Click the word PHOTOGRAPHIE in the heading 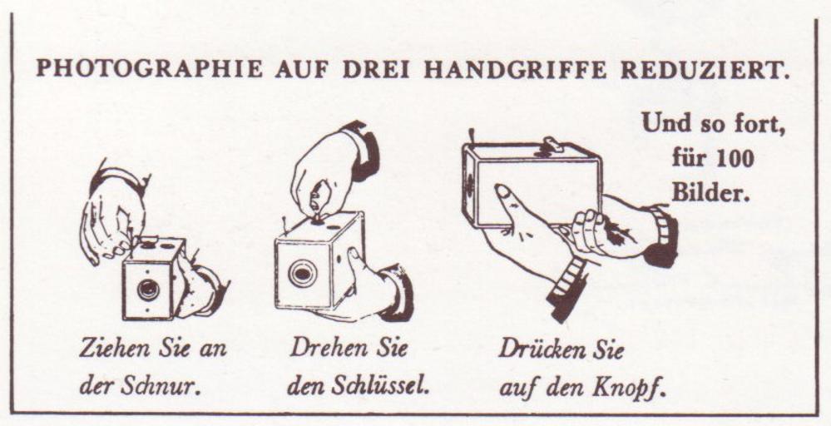(x=149, y=69)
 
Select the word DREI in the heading (x=375, y=69)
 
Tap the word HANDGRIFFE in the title (x=515, y=69)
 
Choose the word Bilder (x=711, y=193)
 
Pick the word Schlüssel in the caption (x=379, y=386)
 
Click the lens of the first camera (x=148, y=290)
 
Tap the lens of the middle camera (x=303, y=274)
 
